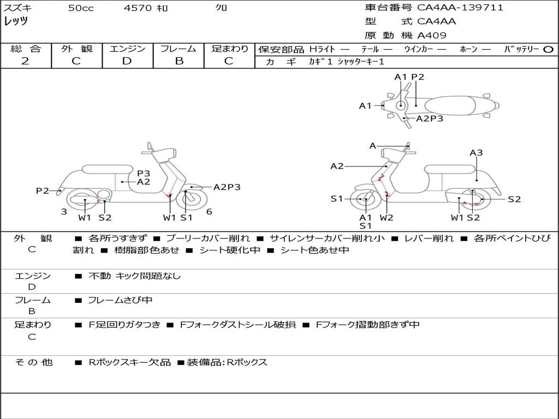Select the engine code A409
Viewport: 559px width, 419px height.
pyautogui.click(x=432, y=35)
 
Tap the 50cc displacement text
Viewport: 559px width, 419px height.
pyautogui.click(x=81, y=8)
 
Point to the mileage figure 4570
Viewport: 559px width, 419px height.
pyautogui.click(x=137, y=8)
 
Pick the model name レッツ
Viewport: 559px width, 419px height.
pyautogui.click(x=16, y=22)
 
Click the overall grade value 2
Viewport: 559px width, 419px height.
pyautogui.click(x=25, y=61)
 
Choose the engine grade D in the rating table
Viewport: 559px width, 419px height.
pyautogui.click(x=127, y=61)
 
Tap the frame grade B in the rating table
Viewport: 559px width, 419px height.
pyautogui.click(x=179, y=61)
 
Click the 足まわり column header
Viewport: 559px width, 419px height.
pyautogui.click(x=230, y=49)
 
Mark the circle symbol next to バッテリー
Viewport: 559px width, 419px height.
pyautogui.click(x=548, y=50)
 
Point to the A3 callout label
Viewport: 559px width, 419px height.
pyautogui.click(x=476, y=153)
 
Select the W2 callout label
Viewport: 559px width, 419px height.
pyautogui.click(x=386, y=218)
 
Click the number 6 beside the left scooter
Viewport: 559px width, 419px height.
pyautogui.click(x=209, y=212)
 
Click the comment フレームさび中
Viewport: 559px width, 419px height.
pyautogui.click(x=120, y=300)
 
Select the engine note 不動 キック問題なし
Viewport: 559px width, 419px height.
pyautogui.click(x=134, y=276)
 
